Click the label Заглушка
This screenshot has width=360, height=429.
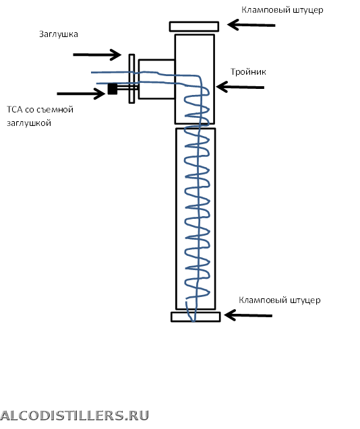point(59,34)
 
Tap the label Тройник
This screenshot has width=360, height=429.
point(248,71)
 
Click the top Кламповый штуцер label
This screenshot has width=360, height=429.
point(282,10)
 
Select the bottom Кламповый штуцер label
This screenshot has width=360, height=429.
point(280,300)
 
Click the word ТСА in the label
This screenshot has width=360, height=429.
point(15,109)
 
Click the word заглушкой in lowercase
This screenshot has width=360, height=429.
point(29,123)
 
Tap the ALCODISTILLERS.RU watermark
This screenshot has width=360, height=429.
point(75,416)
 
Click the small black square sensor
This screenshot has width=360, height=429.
point(113,89)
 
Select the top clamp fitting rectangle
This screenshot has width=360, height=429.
point(194,26)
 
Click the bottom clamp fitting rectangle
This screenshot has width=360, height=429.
point(196,317)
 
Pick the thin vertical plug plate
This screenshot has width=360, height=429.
point(131,79)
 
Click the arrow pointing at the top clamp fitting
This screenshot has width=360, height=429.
point(251,25)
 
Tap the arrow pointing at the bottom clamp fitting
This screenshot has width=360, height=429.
point(248,315)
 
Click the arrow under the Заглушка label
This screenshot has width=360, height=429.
point(97,55)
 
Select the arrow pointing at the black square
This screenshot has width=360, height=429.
point(81,94)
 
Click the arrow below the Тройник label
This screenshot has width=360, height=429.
point(240,87)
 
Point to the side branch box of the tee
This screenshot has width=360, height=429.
point(156,79)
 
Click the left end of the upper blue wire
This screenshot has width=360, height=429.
point(92,73)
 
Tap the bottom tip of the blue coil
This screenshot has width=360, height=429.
point(193,321)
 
